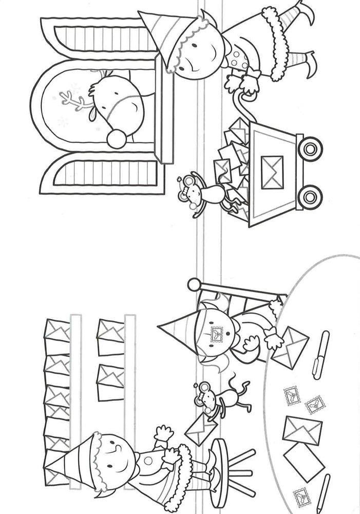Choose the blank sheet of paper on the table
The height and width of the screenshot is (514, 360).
pyautogui.click(x=304, y=461)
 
